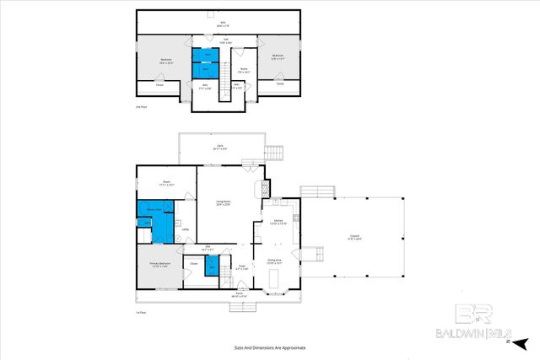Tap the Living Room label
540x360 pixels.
(x=223, y=202)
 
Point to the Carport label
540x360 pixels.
(x=356, y=237)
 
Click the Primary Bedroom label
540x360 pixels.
(x=160, y=265)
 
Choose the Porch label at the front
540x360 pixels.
(x=242, y=295)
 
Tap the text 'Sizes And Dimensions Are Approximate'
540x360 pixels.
(x=269, y=347)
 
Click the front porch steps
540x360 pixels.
(x=242, y=305)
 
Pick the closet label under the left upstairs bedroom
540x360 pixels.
(x=159, y=85)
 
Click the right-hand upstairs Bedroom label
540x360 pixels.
(x=279, y=58)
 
